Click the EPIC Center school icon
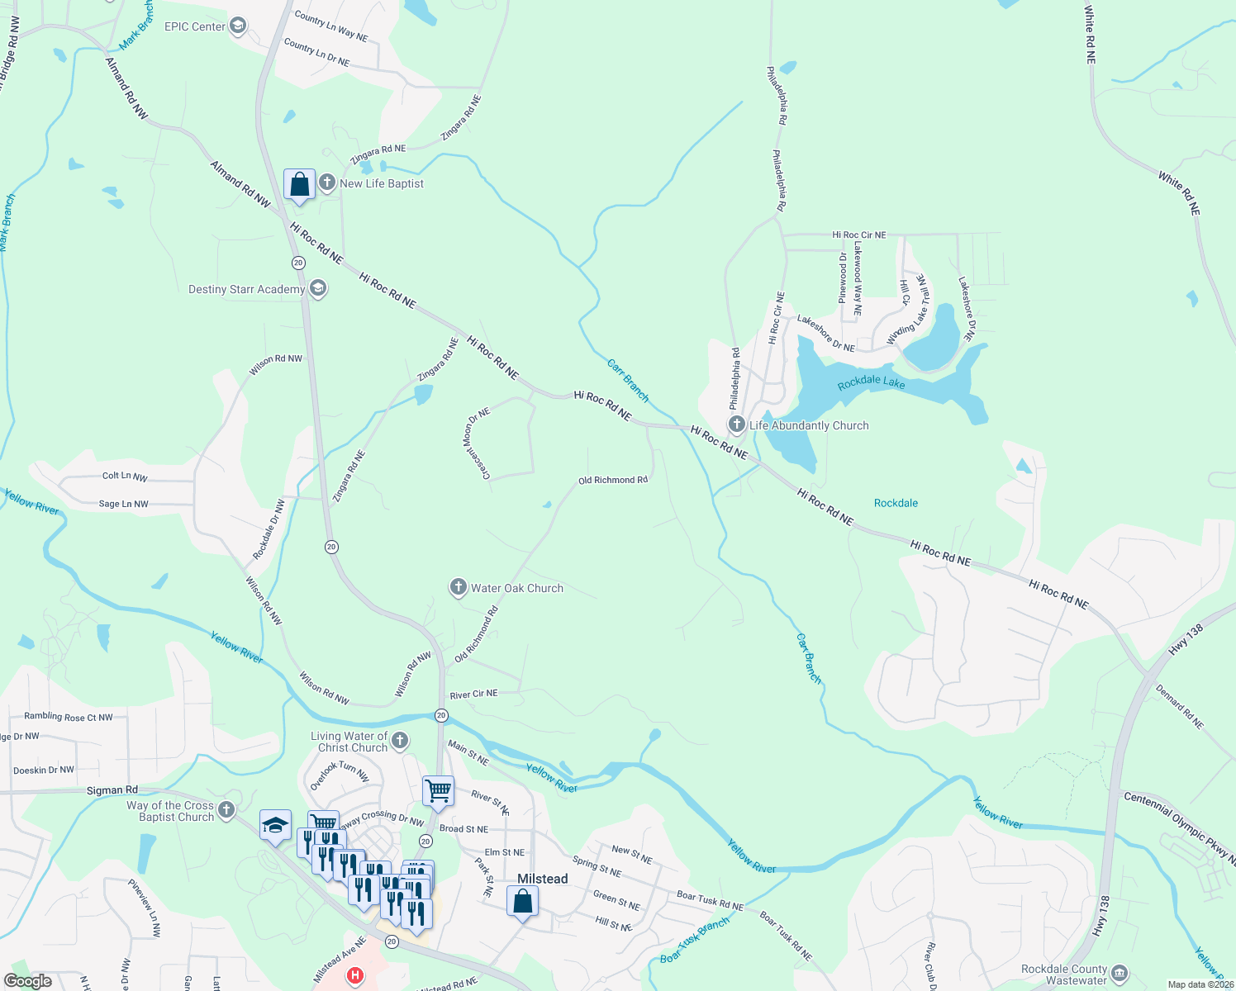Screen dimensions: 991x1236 238,26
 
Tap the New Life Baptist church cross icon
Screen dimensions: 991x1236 327,183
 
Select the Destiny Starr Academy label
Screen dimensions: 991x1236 246,289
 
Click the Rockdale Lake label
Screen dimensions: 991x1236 871,382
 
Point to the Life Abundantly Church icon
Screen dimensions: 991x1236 736,425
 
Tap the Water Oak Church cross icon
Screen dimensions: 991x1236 458,588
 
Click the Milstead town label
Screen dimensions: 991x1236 542,879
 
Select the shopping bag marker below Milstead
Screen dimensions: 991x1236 522,901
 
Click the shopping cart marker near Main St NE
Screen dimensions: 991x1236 438,790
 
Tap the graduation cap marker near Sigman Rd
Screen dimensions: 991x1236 275,825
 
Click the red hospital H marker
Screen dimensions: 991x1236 355,976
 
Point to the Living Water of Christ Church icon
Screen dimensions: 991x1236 400,740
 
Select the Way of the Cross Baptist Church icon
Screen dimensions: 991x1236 226,809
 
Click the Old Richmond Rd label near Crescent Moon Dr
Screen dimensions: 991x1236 612,480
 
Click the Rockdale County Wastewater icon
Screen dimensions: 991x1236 1120,973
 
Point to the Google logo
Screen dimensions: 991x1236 27,981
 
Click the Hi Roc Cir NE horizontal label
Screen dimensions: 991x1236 858,235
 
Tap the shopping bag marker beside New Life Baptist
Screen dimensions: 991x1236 299,185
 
